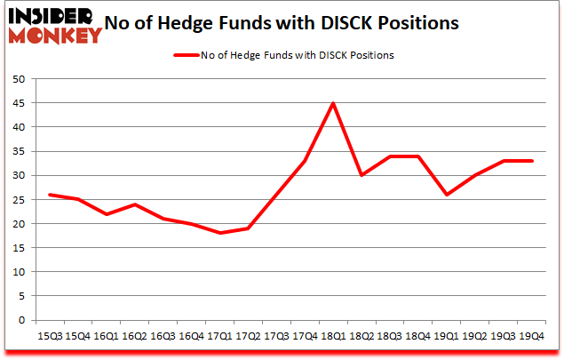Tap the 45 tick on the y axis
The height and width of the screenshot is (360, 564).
(18, 103)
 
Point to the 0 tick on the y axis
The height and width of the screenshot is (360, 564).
(20, 321)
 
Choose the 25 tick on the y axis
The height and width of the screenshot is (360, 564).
(18, 200)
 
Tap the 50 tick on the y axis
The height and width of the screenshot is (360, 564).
(18, 79)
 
